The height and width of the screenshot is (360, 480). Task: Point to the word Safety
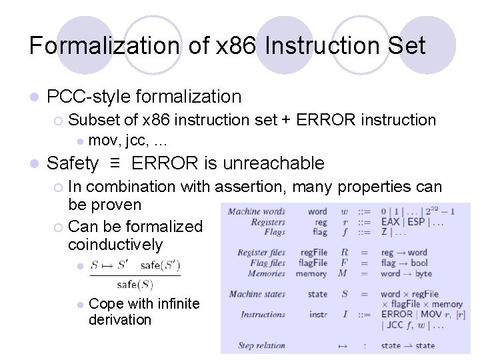pos(73,163)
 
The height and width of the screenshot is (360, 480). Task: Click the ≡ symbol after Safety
pos(114,163)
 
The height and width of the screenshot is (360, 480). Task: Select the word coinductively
pos(115,245)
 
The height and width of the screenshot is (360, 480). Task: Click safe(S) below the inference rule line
pos(135,284)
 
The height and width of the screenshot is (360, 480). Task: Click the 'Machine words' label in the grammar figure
pos(257,212)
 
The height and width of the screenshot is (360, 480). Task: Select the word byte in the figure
pos(423,273)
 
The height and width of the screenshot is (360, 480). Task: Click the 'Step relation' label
pos(261,345)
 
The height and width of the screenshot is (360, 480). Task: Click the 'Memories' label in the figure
pos(266,273)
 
